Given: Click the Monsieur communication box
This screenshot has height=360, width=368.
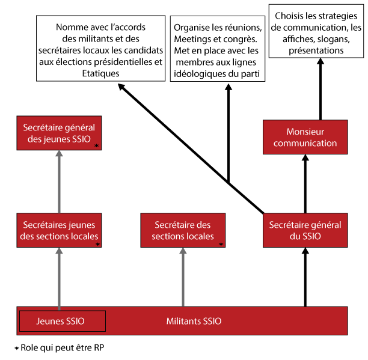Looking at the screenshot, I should [x=305, y=137].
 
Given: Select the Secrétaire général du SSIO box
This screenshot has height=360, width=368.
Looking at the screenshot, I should [x=305, y=230].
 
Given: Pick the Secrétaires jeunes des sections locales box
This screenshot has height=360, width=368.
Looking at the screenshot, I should [x=59, y=230].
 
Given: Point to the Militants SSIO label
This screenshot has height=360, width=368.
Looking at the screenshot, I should [x=194, y=322].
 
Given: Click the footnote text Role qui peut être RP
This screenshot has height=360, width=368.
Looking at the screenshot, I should [x=66, y=348].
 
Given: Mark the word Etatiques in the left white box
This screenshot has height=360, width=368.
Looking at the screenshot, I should [x=100, y=73].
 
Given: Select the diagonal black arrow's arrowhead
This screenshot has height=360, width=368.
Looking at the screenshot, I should [x=121, y=88].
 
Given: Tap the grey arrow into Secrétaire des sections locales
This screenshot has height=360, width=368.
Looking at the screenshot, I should [x=182, y=276].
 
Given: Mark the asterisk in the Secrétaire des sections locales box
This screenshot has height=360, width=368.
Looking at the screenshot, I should [x=221, y=244].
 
